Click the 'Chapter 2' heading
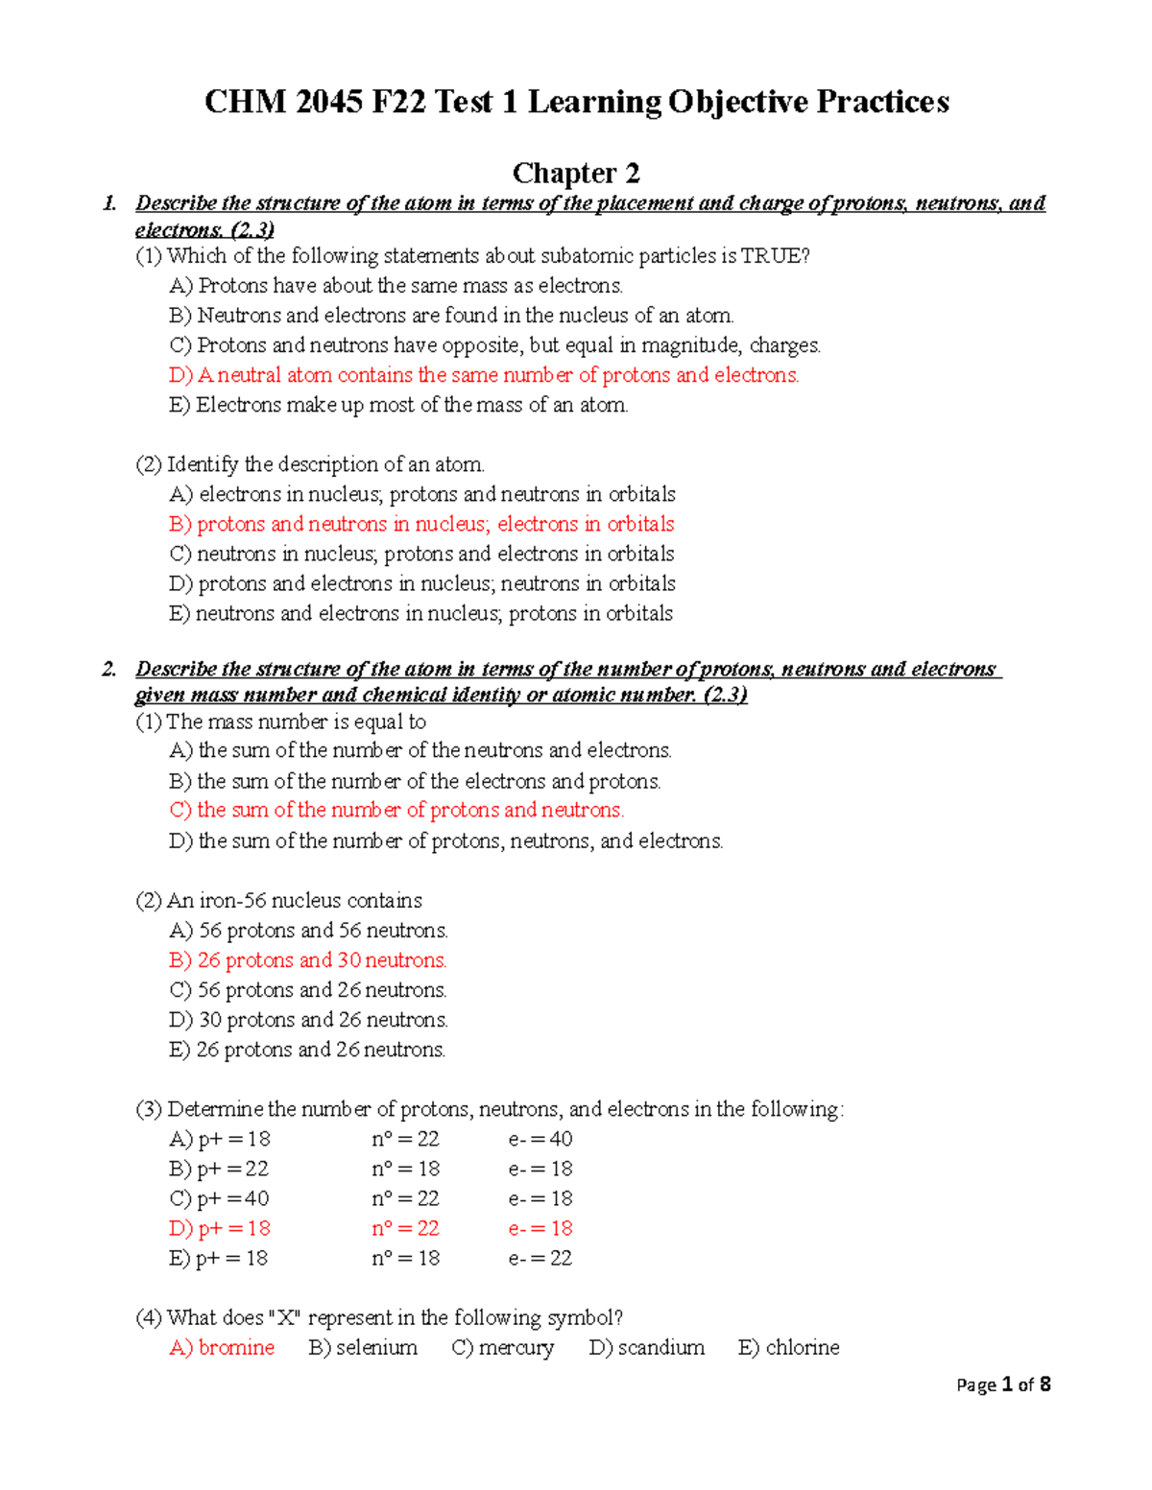pyautogui.click(x=576, y=173)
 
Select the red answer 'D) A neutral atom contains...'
pyautogui.click(x=484, y=375)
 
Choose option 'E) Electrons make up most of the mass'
pyautogui.click(x=398, y=405)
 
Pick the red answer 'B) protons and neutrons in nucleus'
pyautogui.click(x=421, y=524)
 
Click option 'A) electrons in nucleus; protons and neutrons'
pyautogui.click(x=422, y=494)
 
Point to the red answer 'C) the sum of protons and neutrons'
pyautogui.click(x=396, y=810)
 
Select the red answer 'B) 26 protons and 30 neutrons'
pyautogui.click(x=308, y=960)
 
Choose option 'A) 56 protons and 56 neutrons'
pyautogui.click(x=308, y=931)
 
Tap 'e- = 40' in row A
pyautogui.click(x=540, y=1139)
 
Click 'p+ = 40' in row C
pyautogui.click(x=233, y=1198)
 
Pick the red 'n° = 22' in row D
pyautogui.click(x=405, y=1228)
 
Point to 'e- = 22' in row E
pyautogui.click(x=540, y=1258)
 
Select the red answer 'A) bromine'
pyautogui.click(x=222, y=1347)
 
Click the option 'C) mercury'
pyautogui.click(x=503, y=1347)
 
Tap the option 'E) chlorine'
pyautogui.click(x=788, y=1347)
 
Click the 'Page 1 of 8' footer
pyautogui.click(x=1003, y=1384)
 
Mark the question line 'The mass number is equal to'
pyautogui.click(x=281, y=721)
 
